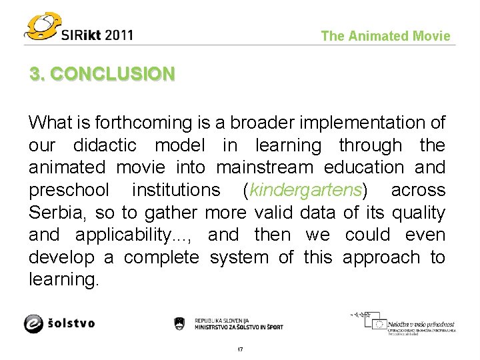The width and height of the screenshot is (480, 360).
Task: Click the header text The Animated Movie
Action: pyautogui.click(x=385, y=36)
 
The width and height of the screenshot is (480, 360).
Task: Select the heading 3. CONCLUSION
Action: pyautogui.click(x=102, y=73)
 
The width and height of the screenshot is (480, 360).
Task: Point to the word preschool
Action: pyautogui.click(x=69, y=190)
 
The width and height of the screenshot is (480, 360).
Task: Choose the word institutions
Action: pyautogui.click(x=176, y=190)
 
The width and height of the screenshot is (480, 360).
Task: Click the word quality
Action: pyautogui.click(x=419, y=213)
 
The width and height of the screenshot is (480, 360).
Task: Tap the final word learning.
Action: pyautogui.click(x=63, y=280)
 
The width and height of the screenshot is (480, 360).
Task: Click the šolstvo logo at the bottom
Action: pyautogui.click(x=59, y=323)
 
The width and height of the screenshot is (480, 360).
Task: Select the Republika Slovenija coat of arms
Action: pyautogui.click(x=179, y=323)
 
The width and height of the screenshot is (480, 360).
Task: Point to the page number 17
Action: pyautogui.click(x=240, y=349)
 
